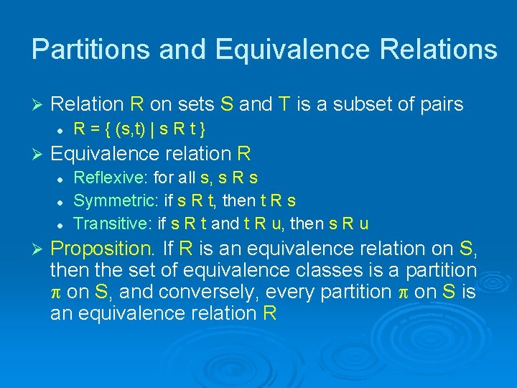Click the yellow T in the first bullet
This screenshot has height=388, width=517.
pos(284,105)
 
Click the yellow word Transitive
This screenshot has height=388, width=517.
pos(112,223)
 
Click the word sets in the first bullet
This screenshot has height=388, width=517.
pos(193,105)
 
